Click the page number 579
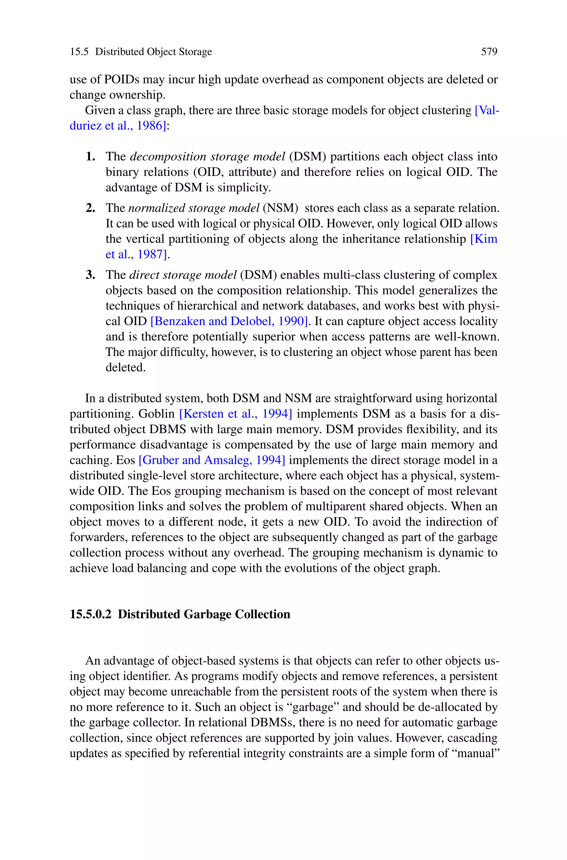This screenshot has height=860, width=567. pyautogui.click(x=489, y=52)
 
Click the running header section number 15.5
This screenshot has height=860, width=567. pyautogui.click(x=79, y=52)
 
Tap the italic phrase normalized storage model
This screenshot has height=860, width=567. pyautogui.click(x=194, y=208)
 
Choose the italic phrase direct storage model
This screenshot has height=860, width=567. pyautogui.click(x=183, y=275)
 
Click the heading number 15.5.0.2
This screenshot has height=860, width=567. pyautogui.click(x=91, y=614)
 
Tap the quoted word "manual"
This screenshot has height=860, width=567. pyautogui.click(x=476, y=753)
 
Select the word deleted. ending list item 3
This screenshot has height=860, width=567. pyautogui.click(x=125, y=368)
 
